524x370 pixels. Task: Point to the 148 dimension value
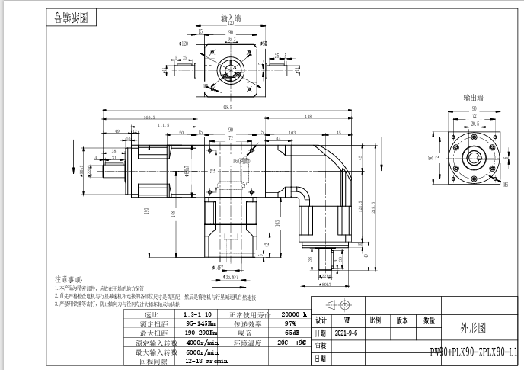[308, 117]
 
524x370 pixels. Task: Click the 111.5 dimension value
[163, 125]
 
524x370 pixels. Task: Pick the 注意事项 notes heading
[71, 281]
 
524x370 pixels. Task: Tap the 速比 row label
[153, 314]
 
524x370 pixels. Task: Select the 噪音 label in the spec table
[244, 333]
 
